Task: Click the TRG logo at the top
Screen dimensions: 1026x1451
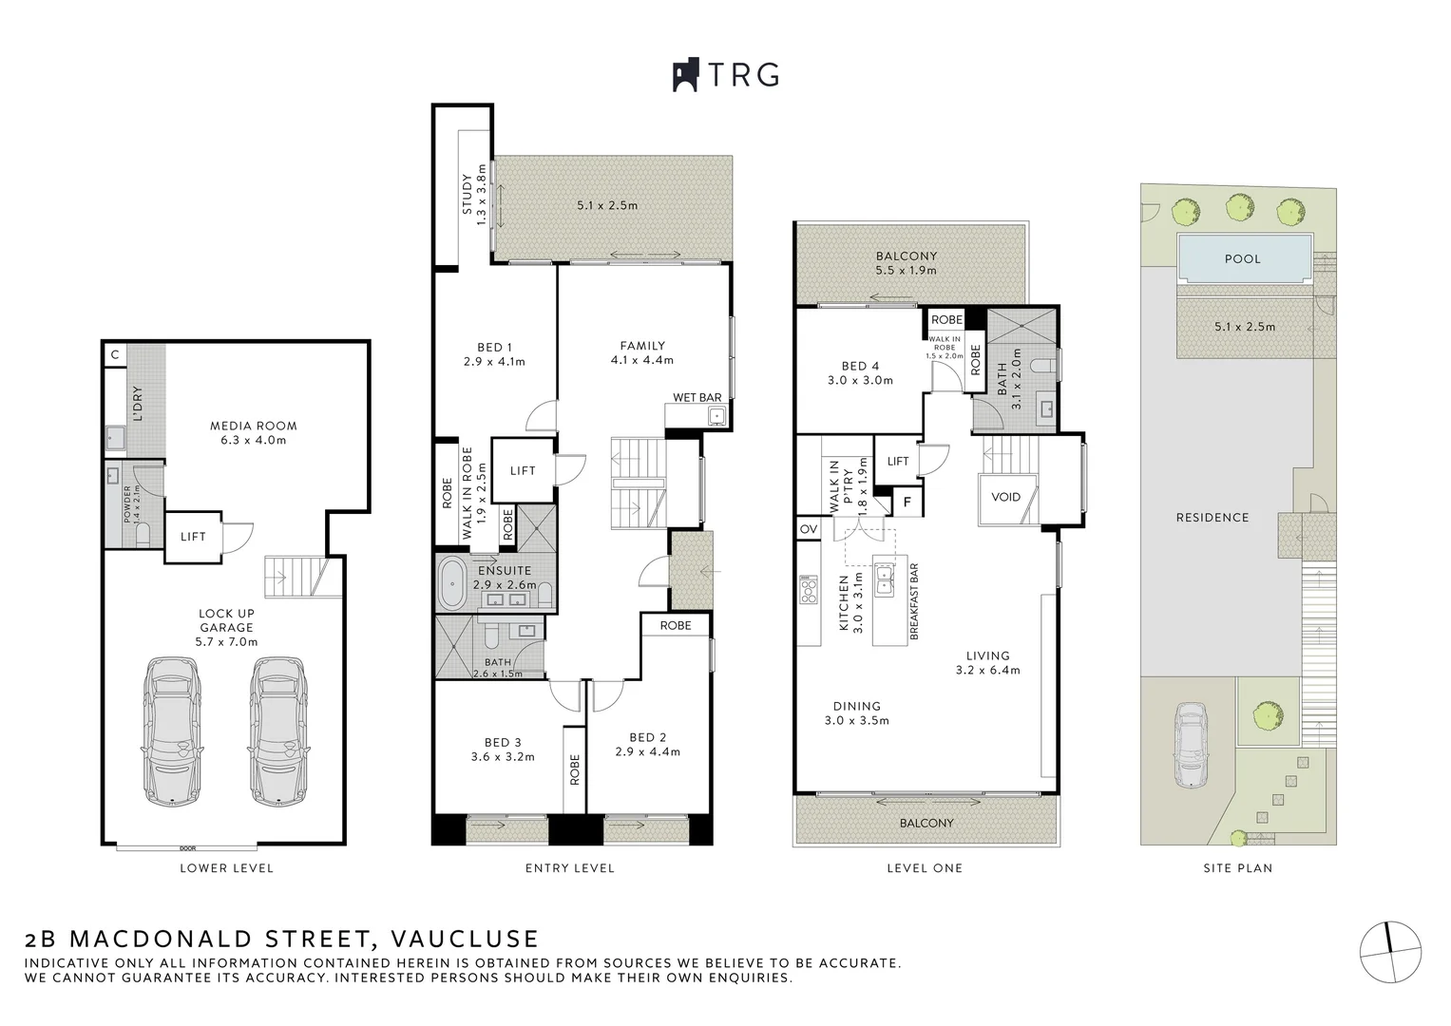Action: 726,75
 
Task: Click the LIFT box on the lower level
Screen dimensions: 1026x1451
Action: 193,537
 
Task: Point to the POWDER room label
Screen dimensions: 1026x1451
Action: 128,504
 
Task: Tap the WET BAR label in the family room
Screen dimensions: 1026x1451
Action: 697,397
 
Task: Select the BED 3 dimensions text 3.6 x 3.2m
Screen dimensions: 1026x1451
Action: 503,757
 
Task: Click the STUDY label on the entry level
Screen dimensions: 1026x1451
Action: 467,195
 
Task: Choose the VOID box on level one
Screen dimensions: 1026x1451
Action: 1005,497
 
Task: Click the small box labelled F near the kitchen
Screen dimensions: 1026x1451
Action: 907,502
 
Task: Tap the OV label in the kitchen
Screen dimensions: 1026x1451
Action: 809,529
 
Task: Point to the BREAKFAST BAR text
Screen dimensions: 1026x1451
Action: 914,600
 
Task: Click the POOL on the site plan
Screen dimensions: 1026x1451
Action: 1242,258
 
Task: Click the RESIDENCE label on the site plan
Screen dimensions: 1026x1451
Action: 1212,518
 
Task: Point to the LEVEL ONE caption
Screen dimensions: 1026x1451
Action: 924,868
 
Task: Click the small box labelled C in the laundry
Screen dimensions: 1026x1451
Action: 114,354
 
